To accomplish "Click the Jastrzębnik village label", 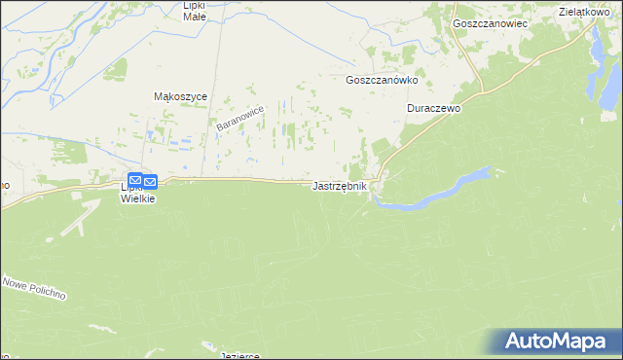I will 340,186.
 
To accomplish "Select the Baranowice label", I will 240,120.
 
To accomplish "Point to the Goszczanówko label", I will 382,82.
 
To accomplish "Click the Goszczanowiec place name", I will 490,22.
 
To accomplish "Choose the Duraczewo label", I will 433,109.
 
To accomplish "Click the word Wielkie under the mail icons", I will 137,198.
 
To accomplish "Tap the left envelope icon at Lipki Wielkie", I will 136,180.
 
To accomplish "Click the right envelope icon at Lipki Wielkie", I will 151,181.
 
